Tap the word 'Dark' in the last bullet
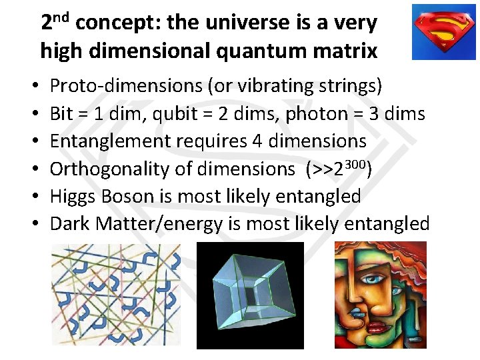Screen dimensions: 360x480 coord(70,224)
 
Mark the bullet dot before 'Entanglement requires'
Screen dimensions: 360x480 coord(33,142)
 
